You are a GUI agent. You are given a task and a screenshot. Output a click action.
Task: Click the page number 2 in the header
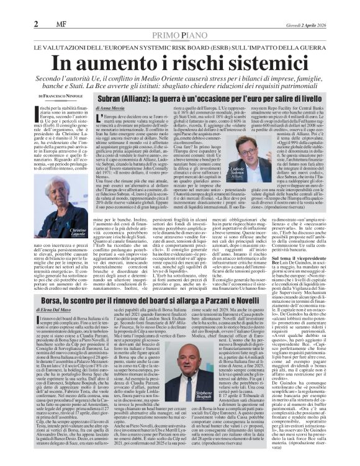(37, 24)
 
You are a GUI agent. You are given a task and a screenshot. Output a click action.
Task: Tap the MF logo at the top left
(56, 24)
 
